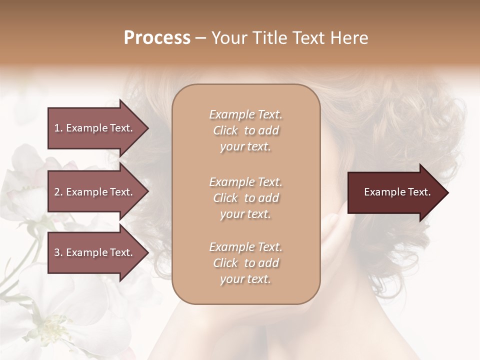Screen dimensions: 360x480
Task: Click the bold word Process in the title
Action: click(157, 38)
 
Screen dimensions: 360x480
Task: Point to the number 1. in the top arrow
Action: click(58, 128)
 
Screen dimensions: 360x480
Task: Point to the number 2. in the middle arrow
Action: click(58, 192)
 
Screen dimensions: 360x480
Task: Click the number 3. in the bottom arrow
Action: click(58, 252)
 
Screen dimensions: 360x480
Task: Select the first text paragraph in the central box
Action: click(245, 130)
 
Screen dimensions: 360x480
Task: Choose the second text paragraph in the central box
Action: click(245, 198)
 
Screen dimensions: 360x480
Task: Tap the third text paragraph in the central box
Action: click(245, 263)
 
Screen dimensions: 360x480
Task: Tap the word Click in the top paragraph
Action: click(225, 130)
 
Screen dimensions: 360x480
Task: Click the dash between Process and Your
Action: click(200, 38)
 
